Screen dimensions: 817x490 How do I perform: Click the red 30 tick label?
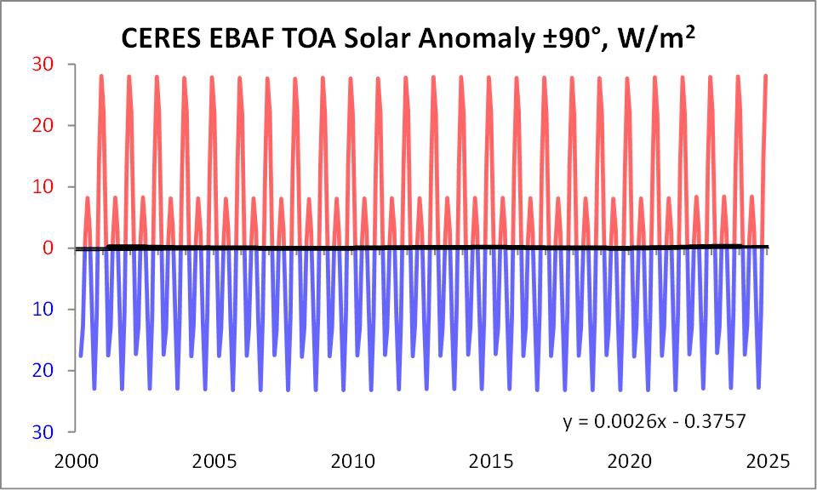pos(43,65)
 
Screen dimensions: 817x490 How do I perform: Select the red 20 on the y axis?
pos(43,126)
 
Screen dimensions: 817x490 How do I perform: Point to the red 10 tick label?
pos(43,186)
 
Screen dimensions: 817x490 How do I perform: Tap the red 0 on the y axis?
pos(49,248)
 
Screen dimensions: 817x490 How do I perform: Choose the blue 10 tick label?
pos(43,310)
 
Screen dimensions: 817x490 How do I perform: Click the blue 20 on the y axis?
pos(43,371)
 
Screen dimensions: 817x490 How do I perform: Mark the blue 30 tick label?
pos(43,431)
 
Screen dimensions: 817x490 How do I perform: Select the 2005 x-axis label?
pos(214,461)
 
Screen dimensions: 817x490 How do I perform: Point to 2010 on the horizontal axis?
pos(353,461)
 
